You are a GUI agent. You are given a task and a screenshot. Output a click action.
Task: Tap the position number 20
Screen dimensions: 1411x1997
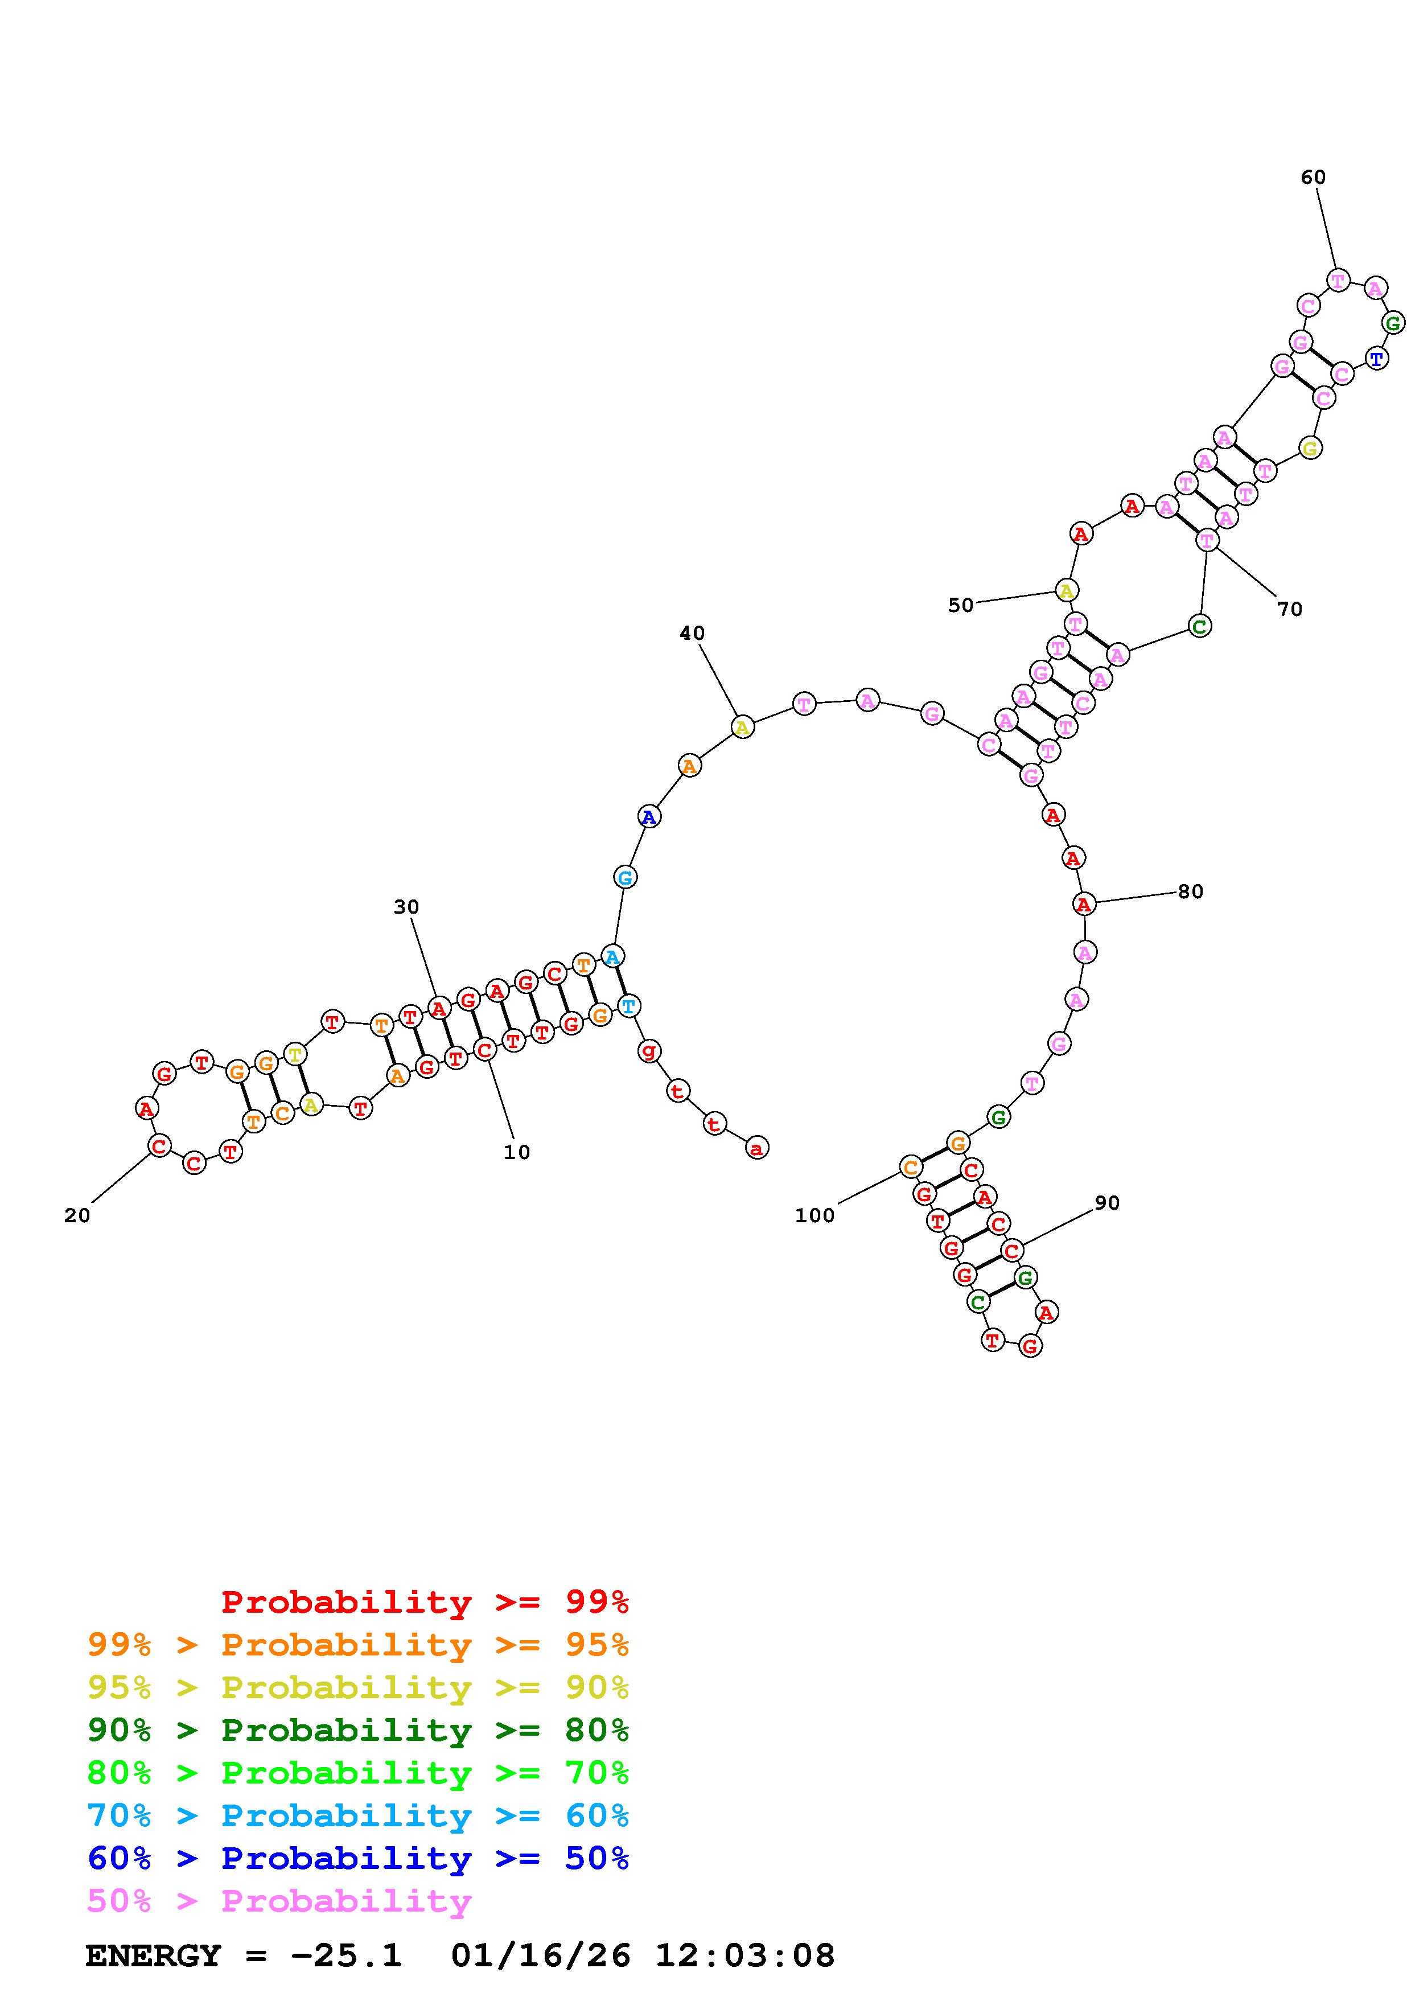tap(77, 1216)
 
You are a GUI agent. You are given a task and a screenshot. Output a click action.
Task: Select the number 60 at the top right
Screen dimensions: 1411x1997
tap(1313, 178)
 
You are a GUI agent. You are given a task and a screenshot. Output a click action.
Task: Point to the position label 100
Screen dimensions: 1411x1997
tap(814, 1216)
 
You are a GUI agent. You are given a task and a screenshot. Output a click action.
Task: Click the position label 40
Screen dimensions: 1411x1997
tap(692, 633)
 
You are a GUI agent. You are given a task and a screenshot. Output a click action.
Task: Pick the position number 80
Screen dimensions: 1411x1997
tap(1190, 891)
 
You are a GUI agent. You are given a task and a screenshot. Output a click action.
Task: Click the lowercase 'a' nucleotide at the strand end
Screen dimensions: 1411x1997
tap(757, 1149)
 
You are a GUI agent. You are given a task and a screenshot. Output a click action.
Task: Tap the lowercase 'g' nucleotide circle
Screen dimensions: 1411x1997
tap(648, 1051)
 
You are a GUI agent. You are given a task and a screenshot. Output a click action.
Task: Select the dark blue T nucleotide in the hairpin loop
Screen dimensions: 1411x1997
tap(1375, 358)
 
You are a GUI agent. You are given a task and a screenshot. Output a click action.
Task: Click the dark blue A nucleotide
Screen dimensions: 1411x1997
tap(648, 817)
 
